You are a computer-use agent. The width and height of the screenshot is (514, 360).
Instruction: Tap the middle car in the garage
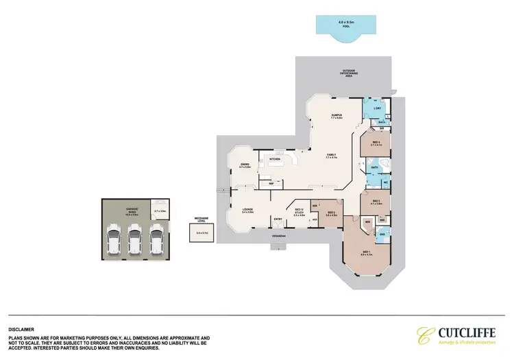coord(136,241)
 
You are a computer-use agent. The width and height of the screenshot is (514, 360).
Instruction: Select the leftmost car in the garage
coord(114,241)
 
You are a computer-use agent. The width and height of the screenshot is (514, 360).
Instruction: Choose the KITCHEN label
coord(276,159)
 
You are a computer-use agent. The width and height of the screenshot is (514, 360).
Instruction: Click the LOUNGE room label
coord(247,211)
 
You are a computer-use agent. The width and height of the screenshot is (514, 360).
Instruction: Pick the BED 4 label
coord(376,144)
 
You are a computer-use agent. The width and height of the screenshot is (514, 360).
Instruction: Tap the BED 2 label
coord(330,213)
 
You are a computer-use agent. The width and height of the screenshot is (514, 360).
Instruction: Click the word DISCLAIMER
coord(21,330)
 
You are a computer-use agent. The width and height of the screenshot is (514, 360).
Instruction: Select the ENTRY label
coord(278,219)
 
